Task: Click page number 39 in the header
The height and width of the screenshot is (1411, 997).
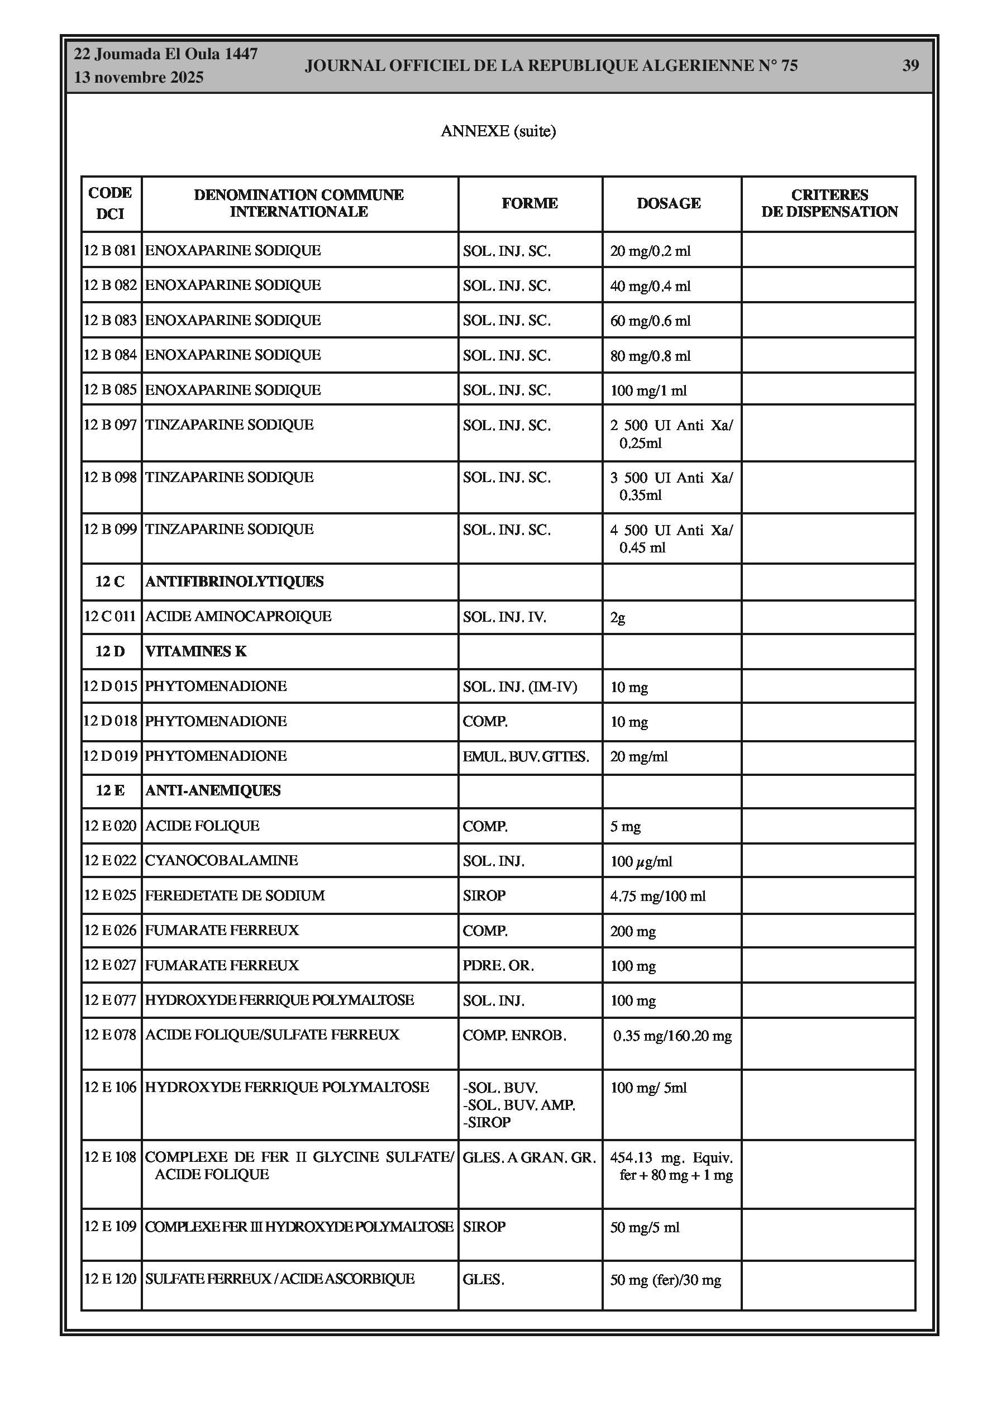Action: (x=910, y=66)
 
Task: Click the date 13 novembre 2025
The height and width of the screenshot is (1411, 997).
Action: (x=139, y=78)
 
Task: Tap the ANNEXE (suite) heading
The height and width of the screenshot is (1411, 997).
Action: (x=498, y=131)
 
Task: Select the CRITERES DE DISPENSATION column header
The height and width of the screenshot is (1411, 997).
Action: (x=828, y=203)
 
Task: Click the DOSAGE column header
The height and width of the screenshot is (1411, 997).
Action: (x=668, y=203)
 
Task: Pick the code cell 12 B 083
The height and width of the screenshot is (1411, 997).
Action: (x=110, y=320)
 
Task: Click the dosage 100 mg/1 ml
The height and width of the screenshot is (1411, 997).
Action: (x=648, y=391)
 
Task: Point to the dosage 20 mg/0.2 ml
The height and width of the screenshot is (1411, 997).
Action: (x=650, y=251)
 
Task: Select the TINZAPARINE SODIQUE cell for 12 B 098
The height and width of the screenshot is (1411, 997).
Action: (x=229, y=478)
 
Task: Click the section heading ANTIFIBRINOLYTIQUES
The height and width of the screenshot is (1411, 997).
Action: (x=234, y=581)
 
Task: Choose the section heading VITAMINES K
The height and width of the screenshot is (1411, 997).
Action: (x=195, y=651)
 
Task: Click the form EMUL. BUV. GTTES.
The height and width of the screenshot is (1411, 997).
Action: (x=526, y=756)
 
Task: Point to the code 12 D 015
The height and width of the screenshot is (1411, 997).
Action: (x=110, y=687)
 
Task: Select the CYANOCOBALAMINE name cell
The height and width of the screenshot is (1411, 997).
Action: (x=221, y=860)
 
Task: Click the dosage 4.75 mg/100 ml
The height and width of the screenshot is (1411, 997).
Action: (x=658, y=896)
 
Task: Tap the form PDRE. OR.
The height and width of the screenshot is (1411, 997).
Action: (x=498, y=965)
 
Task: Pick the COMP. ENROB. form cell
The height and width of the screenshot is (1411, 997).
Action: (x=514, y=1036)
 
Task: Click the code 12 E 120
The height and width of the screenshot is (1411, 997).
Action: (x=110, y=1279)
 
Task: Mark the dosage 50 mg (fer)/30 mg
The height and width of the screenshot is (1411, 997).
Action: (x=665, y=1280)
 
